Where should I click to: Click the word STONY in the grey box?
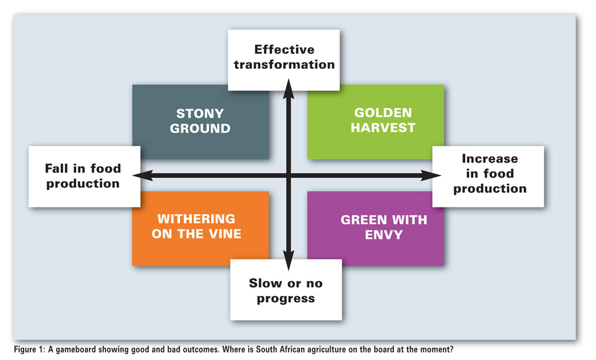[200, 114]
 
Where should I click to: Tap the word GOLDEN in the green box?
[383, 112]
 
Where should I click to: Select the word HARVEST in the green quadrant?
[383, 128]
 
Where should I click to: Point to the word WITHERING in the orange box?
[196, 219]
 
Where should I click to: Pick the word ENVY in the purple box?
[384, 235]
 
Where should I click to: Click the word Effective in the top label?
[284, 50]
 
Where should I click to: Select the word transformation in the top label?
[284, 65]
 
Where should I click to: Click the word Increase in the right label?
[490, 158]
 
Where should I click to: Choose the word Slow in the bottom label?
[266, 283]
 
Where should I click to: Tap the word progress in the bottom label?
[286, 299]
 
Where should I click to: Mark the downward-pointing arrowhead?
[289, 261]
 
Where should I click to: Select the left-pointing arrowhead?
[143, 175]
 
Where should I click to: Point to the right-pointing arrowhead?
[431, 175]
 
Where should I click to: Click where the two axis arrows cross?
[289, 175]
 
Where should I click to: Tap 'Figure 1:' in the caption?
[29, 349]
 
